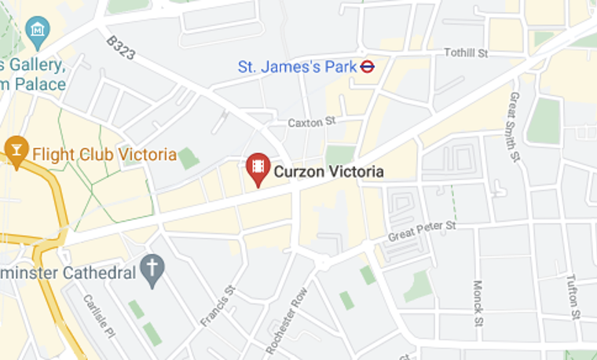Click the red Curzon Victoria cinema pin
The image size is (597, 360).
pos(257,168)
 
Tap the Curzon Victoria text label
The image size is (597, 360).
pos(328,171)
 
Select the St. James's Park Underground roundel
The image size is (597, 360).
pos(367,66)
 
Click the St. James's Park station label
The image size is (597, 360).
pos(298,67)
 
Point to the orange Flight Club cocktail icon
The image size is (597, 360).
pos(16,149)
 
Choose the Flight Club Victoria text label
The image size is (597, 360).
pos(104,154)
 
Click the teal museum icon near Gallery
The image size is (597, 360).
pos(37,31)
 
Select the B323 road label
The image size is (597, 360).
pos(120,48)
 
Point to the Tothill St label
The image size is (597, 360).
pos(466,53)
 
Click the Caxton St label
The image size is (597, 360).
pos(312,122)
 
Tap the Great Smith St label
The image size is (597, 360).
pos(515,127)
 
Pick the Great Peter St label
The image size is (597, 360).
pos(423,232)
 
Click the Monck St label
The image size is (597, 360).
pos(478,302)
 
